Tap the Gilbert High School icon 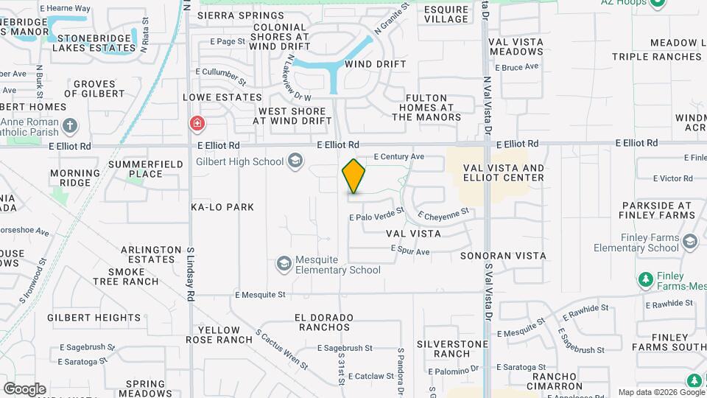click(295, 161)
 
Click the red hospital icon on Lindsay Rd click(197, 123)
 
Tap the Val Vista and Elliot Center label click(504, 172)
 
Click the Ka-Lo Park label click(222, 207)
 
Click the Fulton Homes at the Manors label click(433, 107)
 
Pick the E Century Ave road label click(399, 156)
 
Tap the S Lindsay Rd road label click(191, 273)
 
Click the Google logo click(24, 388)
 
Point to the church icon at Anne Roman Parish click(70, 125)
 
